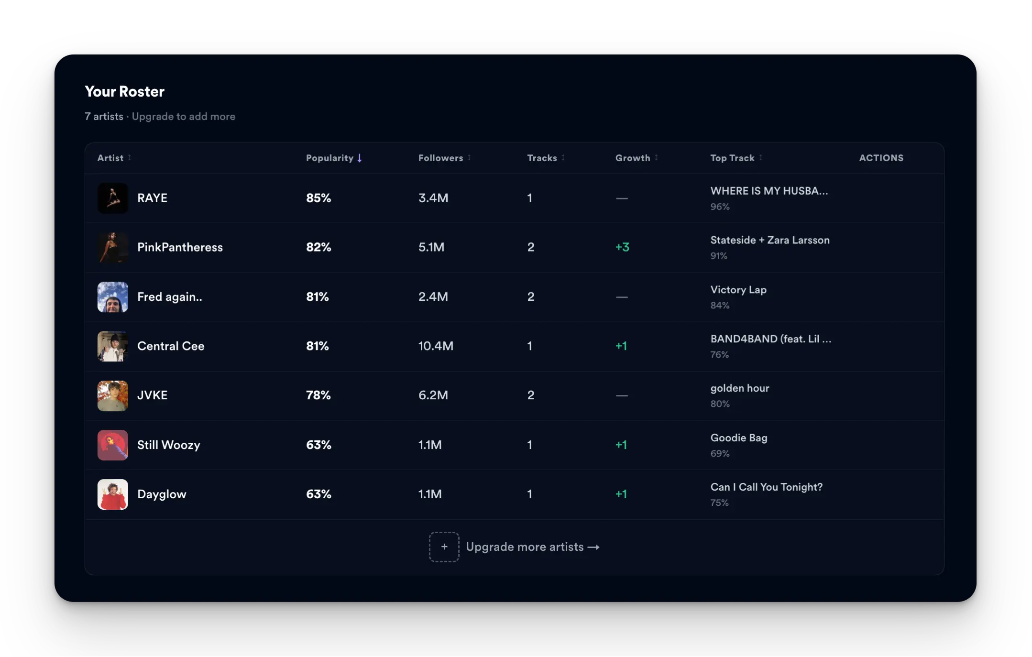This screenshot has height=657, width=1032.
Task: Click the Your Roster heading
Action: (124, 91)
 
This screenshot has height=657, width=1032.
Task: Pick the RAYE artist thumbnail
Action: (113, 198)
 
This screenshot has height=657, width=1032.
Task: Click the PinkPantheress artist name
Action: (180, 247)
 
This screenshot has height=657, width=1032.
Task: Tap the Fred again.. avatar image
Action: (113, 297)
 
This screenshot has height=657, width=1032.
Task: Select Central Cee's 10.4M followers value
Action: (436, 346)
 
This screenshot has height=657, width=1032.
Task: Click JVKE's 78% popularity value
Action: (318, 395)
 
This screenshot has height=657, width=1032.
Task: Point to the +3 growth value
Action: (622, 247)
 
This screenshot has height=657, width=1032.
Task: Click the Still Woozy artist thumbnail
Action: (113, 445)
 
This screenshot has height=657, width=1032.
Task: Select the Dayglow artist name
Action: (162, 494)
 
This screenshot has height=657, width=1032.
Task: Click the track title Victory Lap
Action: (738, 290)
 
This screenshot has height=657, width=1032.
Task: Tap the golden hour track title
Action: (740, 388)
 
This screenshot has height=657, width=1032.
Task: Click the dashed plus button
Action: (444, 547)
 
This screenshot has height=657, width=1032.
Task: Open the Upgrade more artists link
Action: (532, 547)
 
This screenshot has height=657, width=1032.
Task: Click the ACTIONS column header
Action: (881, 158)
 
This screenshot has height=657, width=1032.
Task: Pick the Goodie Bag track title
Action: (739, 438)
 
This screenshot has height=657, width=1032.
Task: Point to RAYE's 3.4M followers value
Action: (433, 198)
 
